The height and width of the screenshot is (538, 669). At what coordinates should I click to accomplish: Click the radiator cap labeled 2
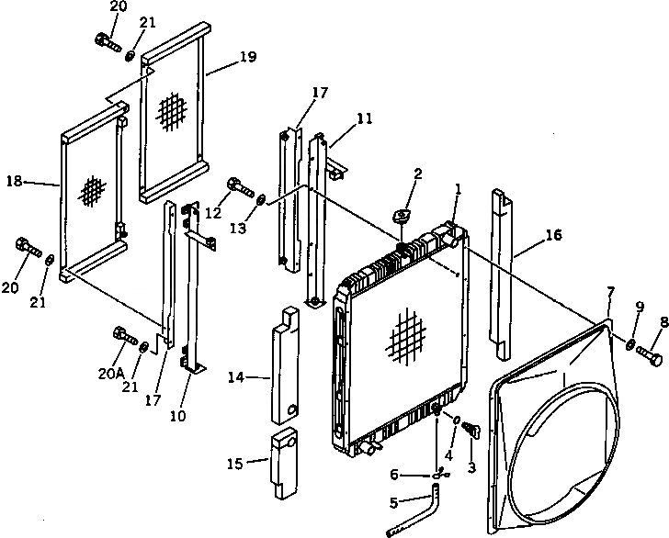[x=402, y=215]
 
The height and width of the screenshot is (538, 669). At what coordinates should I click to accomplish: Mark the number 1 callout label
[x=457, y=189]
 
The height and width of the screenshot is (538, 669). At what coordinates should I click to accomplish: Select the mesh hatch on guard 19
[x=172, y=112]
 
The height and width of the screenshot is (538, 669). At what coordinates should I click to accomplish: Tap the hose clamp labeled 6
[x=440, y=474]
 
